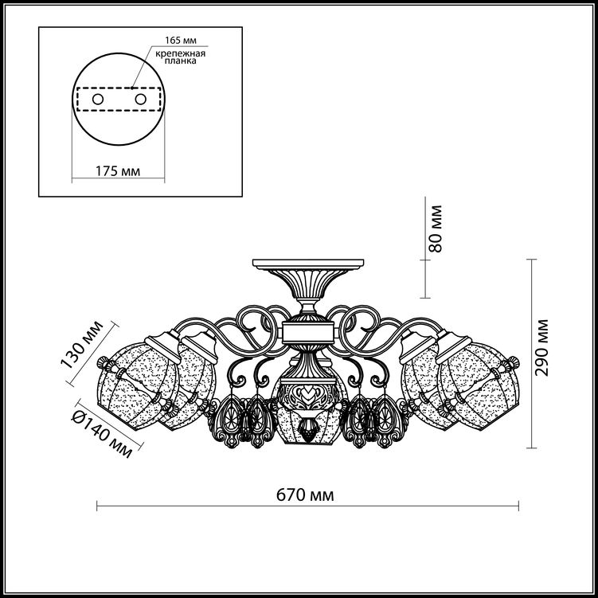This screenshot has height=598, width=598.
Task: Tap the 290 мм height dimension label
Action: click(541, 347)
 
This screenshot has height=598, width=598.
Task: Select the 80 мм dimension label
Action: click(435, 229)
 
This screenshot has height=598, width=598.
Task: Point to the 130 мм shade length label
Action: click(81, 344)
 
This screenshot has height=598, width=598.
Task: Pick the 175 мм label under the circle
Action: click(118, 171)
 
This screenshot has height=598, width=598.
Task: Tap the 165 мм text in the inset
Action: click(181, 40)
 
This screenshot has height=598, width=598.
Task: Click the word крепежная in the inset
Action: click(181, 53)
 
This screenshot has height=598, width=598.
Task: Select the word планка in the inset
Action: click(181, 61)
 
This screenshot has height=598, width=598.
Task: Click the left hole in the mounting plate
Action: click(98, 100)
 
